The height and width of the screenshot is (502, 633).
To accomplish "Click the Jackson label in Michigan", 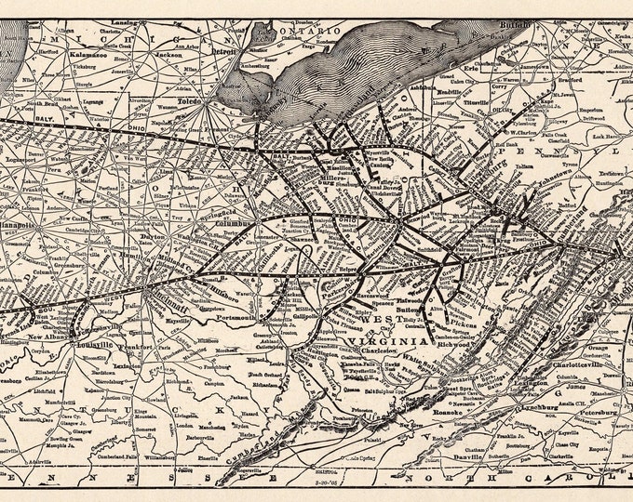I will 168,55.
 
